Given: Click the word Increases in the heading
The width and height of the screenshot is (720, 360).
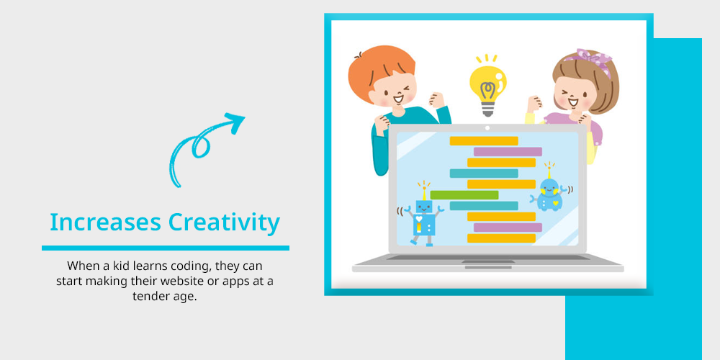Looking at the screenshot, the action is pos(105,222).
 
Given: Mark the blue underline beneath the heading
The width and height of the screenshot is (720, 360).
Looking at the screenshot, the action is pos(166,248).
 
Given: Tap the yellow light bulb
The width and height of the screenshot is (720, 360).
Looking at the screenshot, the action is pos(487,86).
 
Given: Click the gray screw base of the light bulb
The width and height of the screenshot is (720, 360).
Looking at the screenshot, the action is pos(487,109).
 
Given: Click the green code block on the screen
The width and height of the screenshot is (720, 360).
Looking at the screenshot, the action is pos(464,195).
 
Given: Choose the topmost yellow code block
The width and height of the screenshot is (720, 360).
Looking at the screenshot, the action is pos(484,141).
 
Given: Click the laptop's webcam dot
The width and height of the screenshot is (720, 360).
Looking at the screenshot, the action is pos(487,128).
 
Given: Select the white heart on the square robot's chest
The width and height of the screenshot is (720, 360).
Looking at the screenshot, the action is pos(418,219).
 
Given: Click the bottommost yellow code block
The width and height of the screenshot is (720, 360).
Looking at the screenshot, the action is pos(501,238).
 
